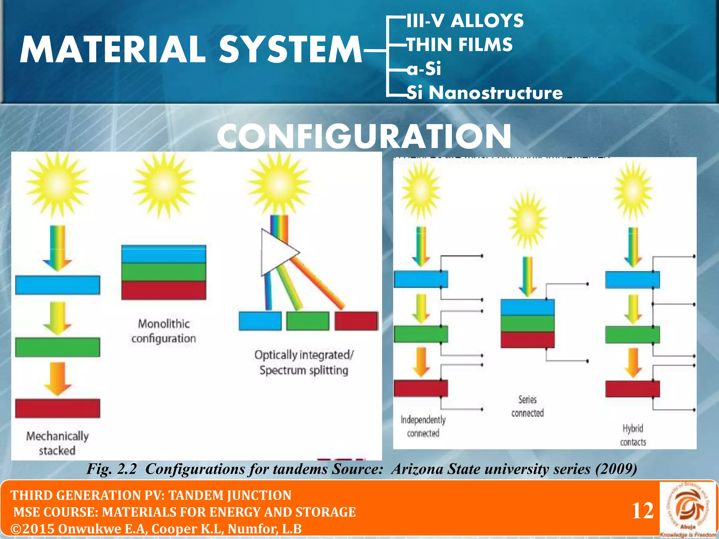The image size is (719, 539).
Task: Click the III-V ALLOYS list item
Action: [x=465, y=21]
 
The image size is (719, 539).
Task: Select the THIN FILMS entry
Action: [x=460, y=45]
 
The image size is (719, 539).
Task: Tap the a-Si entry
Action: [x=424, y=68]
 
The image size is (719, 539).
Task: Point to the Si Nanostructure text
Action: [x=484, y=93]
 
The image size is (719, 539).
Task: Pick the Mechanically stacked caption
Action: [x=57, y=443]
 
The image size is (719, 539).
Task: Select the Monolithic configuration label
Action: [x=164, y=331]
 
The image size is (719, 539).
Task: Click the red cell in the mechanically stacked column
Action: [x=58, y=408]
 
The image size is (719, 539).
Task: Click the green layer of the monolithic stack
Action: [x=164, y=272]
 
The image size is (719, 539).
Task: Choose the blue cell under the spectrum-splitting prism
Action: [x=260, y=321]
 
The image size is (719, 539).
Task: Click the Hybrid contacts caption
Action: [x=633, y=435]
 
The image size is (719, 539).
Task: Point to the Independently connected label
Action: [x=423, y=426]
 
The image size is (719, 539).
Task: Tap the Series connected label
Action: [x=527, y=406]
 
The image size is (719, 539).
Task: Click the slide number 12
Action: [x=642, y=511]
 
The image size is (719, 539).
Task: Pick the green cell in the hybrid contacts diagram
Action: [x=632, y=334]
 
